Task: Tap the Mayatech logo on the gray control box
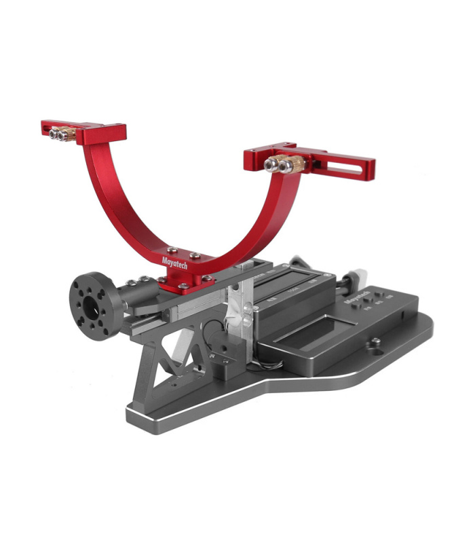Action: (355, 297)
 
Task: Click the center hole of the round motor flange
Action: (88, 303)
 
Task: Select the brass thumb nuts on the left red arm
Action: (60, 134)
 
